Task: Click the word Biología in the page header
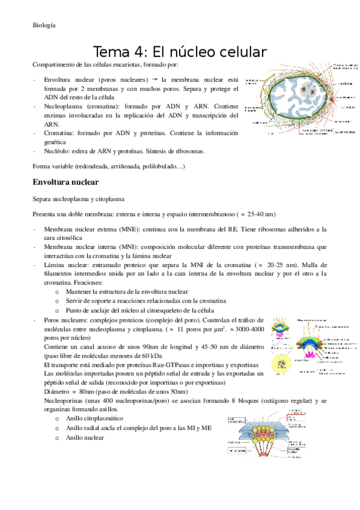pyautogui.click(x=44, y=25)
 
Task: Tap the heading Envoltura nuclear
pyautogui.click(x=66, y=181)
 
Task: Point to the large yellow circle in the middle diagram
pyautogui.click(x=282, y=366)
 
